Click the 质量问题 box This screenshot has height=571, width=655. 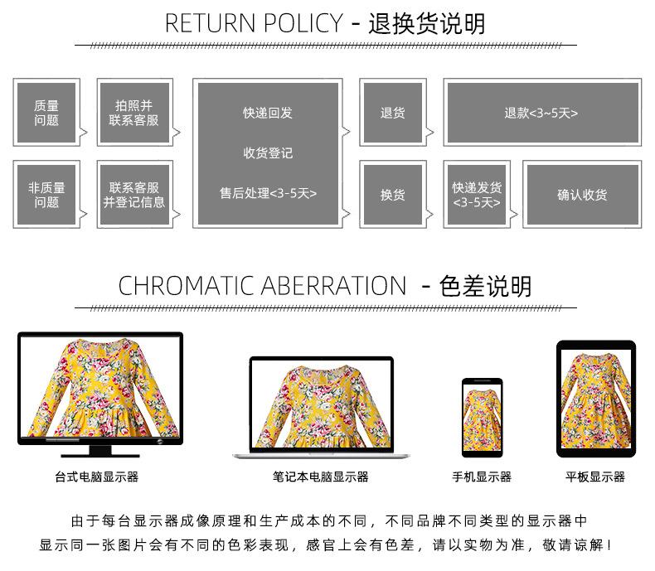click(x=46, y=113)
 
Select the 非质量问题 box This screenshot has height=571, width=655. click(x=46, y=194)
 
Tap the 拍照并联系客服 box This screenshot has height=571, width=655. click(x=134, y=113)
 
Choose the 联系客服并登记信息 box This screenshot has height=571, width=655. click(x=134, y=194)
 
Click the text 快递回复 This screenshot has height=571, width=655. click(x=268, y=113)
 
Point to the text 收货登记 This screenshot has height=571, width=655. click(x=268, y=153)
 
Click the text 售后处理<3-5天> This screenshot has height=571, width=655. click(x=268, y=193)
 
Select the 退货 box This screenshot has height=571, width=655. click(x=393, y=113)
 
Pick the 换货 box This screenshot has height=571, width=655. click(x=393, y=194)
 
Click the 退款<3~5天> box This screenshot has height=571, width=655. click(x=541, y=113)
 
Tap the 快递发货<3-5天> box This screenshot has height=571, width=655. click(x=477, y=194)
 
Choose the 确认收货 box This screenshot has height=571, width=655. click(x=582, y=194)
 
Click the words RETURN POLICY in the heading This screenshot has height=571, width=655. click(x=253, y=23)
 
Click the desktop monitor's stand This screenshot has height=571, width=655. click(x=99, y=451)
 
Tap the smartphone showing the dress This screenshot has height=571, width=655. click(x=482, y=417)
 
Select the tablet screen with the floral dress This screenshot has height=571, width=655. click(x=595, y=399)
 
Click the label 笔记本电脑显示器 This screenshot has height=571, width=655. click(x=321, y=477)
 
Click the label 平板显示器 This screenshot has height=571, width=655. click(x=595, y=477)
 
